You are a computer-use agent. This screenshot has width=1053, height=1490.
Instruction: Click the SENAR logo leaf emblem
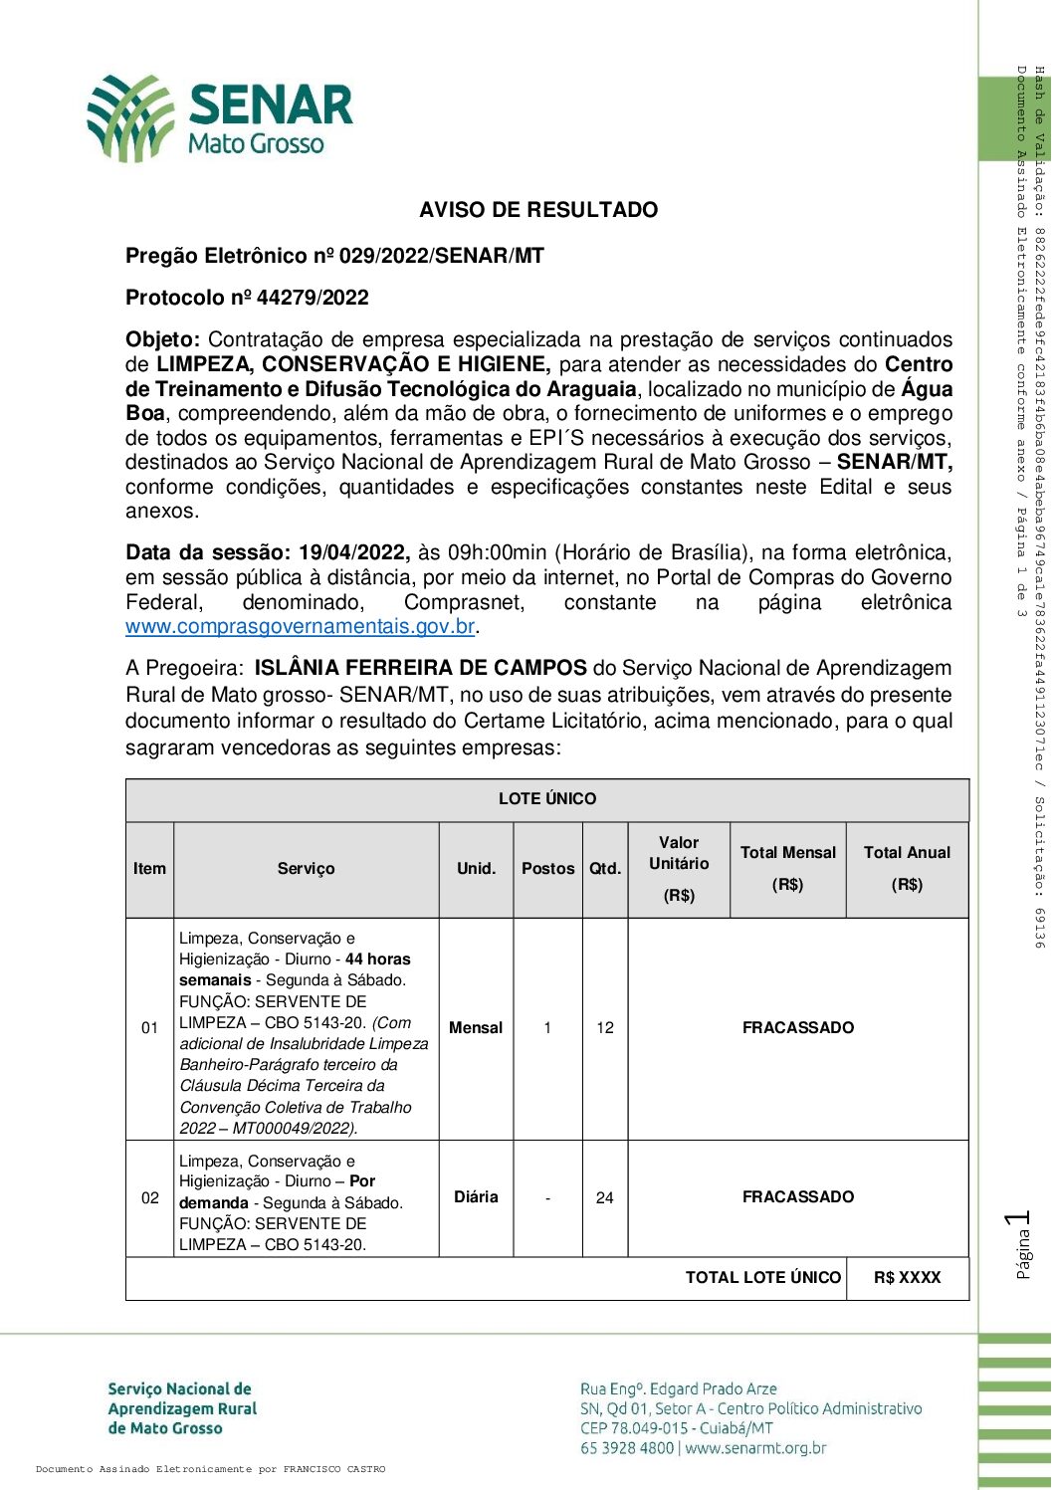129,118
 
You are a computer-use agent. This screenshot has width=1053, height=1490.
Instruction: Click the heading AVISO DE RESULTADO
537,210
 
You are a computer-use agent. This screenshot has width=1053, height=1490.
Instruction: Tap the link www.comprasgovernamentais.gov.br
300,627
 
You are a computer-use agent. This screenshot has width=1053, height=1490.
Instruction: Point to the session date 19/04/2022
352,552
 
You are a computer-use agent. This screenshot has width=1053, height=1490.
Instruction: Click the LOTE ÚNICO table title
547,799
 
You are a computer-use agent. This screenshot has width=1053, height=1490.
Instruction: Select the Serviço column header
306,869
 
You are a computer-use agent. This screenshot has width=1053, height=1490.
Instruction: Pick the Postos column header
547,869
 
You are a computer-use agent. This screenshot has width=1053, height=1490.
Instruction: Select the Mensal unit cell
476,1028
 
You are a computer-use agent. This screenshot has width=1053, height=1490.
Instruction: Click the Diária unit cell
476,1197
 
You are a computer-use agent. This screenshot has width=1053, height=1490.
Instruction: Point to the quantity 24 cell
605,1198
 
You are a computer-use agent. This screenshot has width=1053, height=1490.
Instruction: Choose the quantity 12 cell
605,1028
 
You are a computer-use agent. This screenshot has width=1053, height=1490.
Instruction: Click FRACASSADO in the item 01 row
797,1028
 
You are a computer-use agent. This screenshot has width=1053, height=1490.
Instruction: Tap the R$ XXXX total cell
907,1278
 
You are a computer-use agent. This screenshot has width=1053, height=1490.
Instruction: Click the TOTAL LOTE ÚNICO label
763,1278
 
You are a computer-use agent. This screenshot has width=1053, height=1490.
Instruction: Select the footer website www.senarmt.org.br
755,1448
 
